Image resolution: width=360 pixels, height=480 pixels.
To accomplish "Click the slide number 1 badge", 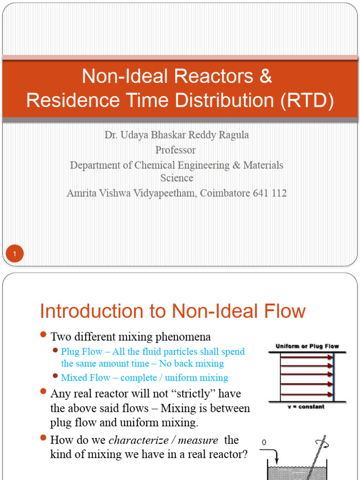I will coord(15,255).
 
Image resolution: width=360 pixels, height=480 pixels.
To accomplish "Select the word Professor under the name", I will coord(176,150).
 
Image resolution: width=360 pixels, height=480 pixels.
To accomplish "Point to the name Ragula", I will coord(232,135).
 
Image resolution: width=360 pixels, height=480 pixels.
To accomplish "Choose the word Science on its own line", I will coord(176,178).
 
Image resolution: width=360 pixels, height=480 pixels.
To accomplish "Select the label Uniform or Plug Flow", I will coord(307,346).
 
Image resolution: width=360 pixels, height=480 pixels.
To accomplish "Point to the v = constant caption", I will coord(306,407).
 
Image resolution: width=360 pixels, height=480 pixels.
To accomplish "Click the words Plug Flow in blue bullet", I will coord(82,352).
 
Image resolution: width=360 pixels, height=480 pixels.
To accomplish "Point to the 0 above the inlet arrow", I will coord(263,442).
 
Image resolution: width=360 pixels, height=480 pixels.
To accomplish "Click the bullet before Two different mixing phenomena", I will coord(43,335).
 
